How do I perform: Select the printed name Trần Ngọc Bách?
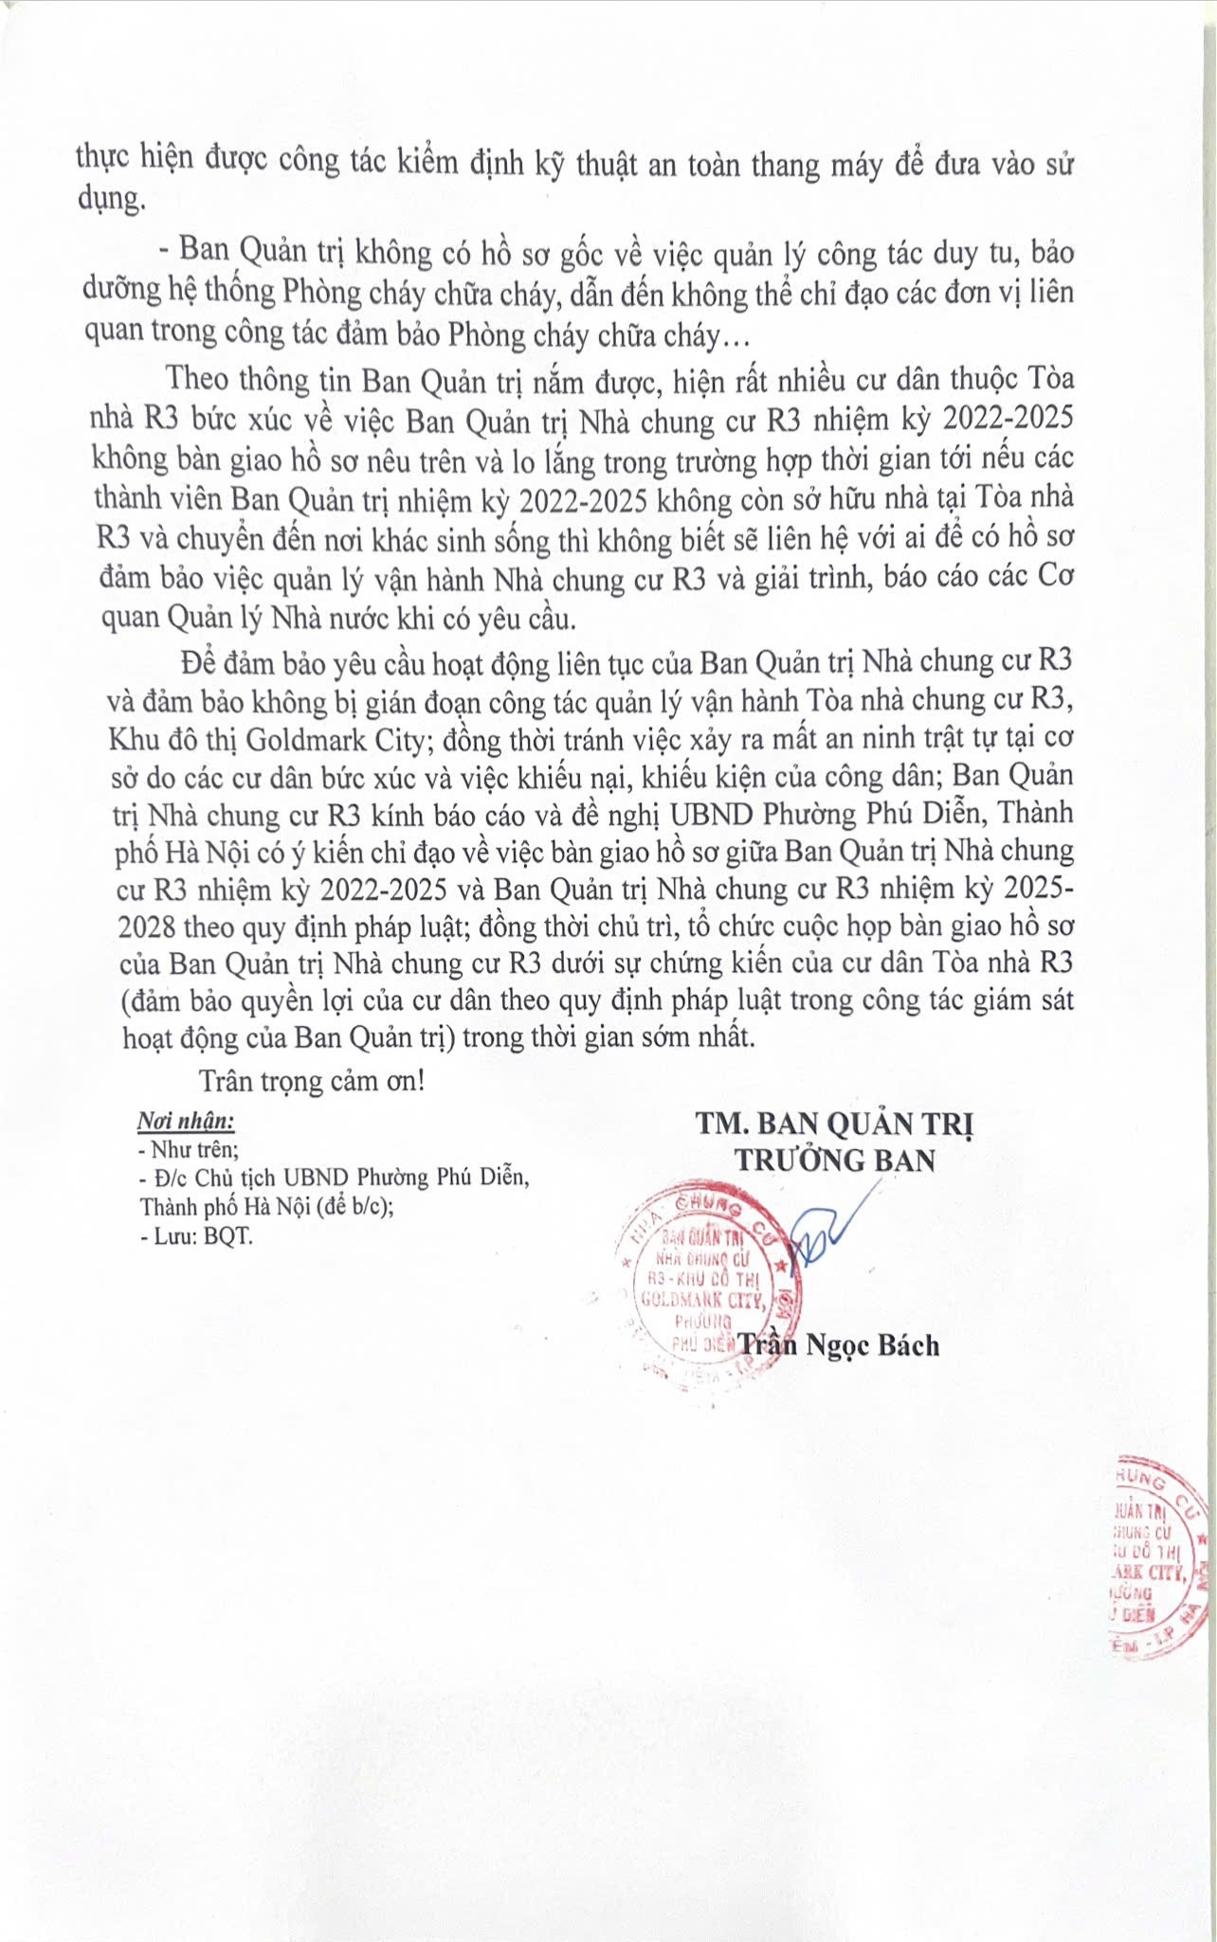(839, 1345)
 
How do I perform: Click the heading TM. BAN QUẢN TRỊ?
(835, 1124)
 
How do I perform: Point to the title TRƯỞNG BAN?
(835, 1160)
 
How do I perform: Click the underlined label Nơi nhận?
(186, 1122)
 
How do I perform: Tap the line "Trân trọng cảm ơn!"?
(312, 1081)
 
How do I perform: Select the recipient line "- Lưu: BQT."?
(196, 1235)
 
